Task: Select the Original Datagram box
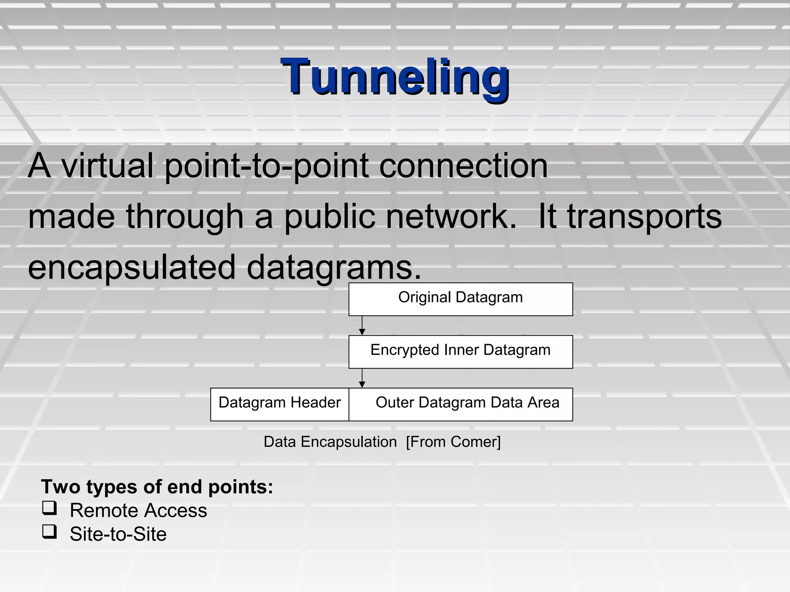(460, 299)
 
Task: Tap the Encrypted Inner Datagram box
(460, 351)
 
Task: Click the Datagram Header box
(280, 404)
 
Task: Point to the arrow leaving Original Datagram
(362, 326)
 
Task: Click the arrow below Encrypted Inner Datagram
(362, 378)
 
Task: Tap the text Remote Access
(138, 511)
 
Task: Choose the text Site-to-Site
(118, 535)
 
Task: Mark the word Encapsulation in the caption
(349, 442)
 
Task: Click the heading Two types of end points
(157, 487)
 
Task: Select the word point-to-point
(267, 166)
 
